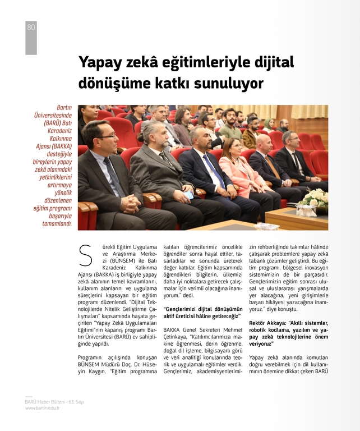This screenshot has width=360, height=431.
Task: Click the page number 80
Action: click(x=31, y=27)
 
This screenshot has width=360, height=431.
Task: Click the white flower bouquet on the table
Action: click(x=314, y=198)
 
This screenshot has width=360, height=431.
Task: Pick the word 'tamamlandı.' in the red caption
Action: click(x=56, y=223)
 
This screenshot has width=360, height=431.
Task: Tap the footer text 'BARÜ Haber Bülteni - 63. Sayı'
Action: click(x=54, y=402)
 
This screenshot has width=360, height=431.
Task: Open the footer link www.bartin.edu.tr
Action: click(x=42, y=408)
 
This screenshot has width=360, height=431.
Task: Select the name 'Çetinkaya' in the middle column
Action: click(x=177, y=337)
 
